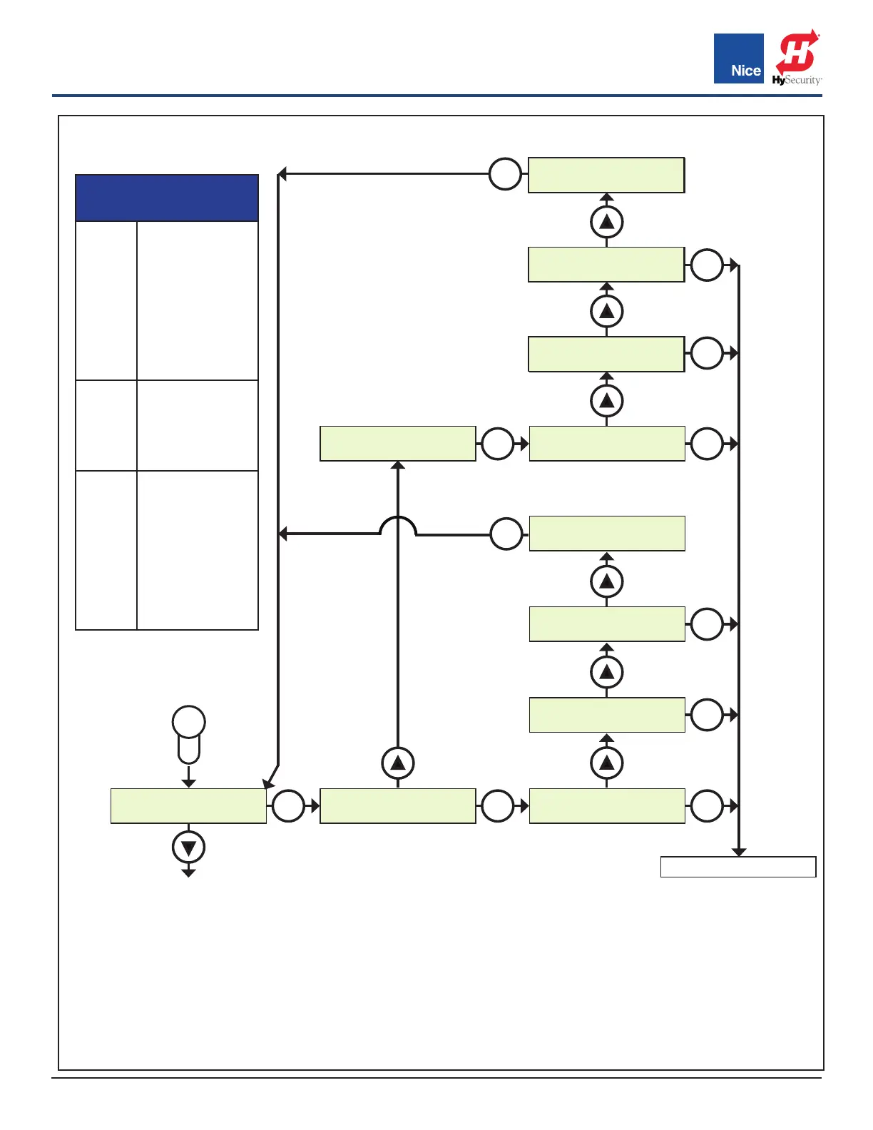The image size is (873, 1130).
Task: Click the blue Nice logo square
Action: click(x=738, y=58)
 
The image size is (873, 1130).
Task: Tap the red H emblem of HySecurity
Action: click(x=797, y=52)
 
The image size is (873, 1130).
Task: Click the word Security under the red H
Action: click(x=803, y=81)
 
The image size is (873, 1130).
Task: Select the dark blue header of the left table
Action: click(x=167, y=198)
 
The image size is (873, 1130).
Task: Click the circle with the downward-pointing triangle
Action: click(x=188, y=847)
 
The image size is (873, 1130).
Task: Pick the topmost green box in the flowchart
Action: click(x=606, y=175)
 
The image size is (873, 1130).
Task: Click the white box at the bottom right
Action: click(x=738, y=867)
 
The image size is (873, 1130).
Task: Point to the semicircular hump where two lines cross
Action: click(x=398, y=526)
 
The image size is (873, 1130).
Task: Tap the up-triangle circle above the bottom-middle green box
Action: click(x=398, y=763)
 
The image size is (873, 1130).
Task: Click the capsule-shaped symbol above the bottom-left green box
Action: click(x=188, y=734)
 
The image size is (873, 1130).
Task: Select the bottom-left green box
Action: click(x=188, y=806)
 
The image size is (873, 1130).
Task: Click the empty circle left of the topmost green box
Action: click(x=505, y=174)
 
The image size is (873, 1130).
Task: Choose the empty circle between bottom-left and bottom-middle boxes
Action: click(x=288, y=806)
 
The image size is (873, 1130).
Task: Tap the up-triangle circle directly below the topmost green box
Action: click(x=606, y=222)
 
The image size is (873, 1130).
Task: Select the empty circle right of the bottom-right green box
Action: click(x=707, y=806)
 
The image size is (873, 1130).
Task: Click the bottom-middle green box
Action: click(x=398, y=806)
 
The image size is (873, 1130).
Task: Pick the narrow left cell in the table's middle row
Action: click(x=106, y=425)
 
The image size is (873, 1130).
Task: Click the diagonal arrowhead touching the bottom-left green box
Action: click(x=269, y=783)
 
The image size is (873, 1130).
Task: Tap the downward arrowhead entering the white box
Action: click(x=739, y=852)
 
